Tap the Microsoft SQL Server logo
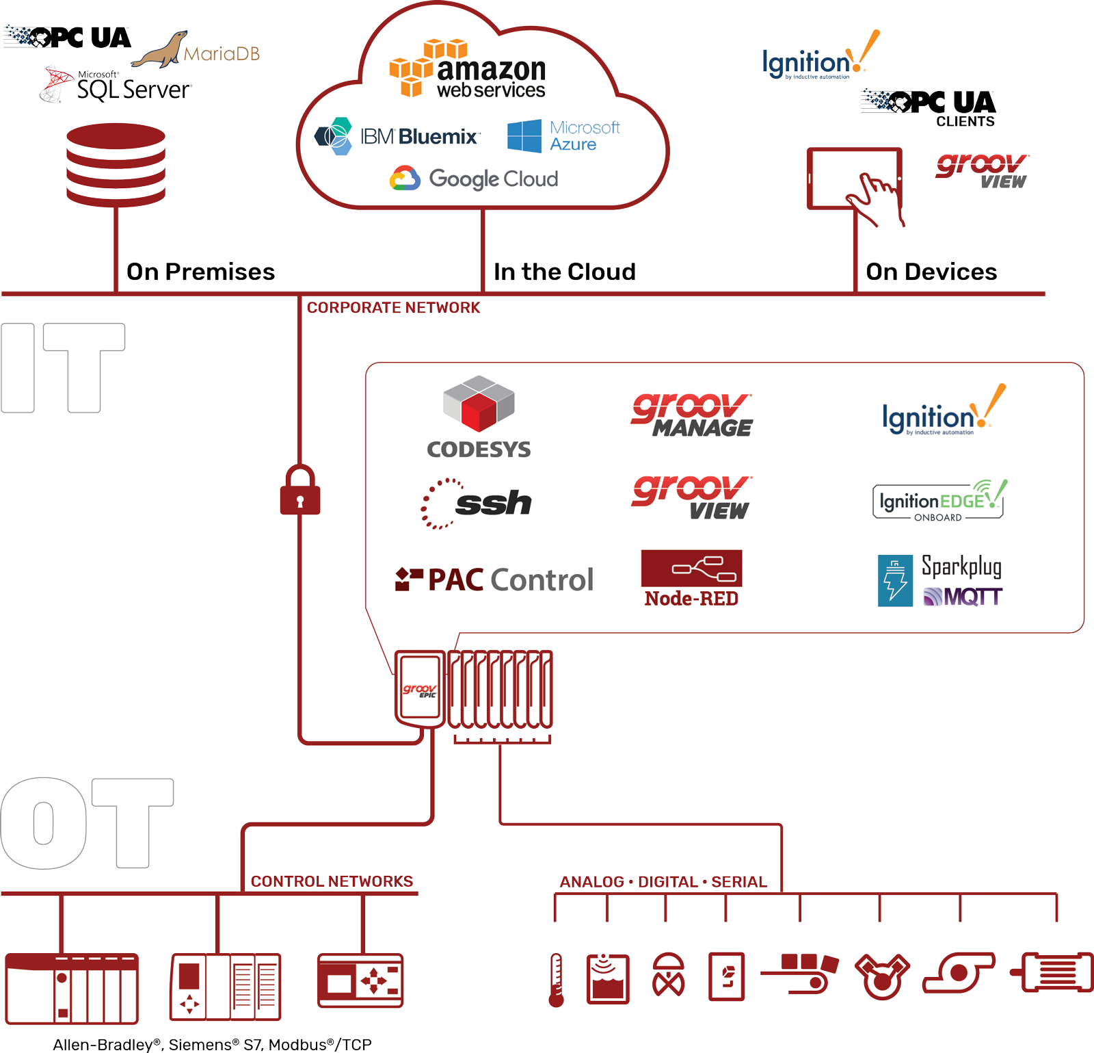116,86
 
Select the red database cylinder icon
116,164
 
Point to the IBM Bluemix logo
397,136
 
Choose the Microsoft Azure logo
563,136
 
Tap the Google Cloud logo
474,179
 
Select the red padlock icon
300,491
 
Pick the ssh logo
477,504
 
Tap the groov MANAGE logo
692,415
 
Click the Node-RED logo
691,579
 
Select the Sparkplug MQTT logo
940,580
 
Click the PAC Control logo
494,580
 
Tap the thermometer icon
557,980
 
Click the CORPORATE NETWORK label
393,308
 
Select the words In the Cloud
564,272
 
